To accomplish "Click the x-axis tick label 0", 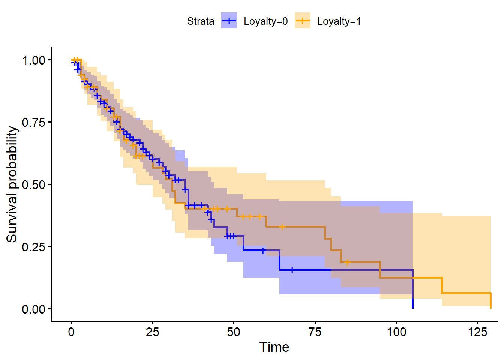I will point(71,332).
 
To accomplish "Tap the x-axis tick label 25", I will point(153,332).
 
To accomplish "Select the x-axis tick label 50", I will point(234,332).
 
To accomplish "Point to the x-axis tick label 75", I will point(315,332).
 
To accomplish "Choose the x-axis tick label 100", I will point(396,332).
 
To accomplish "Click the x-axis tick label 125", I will point(477,332).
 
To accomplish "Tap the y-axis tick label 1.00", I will point(34,60).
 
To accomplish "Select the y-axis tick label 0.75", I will point(34,123).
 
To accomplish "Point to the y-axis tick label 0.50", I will point(34,185).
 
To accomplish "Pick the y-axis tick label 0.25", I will point(34,247).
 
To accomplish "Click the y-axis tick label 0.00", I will point(34,309).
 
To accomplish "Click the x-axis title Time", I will point(274,347).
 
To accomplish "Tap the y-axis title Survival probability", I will point(12,184).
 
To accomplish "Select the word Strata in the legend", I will point(201,21).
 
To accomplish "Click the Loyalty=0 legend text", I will point(265,21).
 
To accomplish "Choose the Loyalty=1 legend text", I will point(339,21).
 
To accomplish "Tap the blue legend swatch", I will point(229,21).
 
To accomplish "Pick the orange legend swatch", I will point(302,21).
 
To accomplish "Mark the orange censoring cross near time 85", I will point(347,262).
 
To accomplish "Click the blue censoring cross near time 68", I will point(292,270).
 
